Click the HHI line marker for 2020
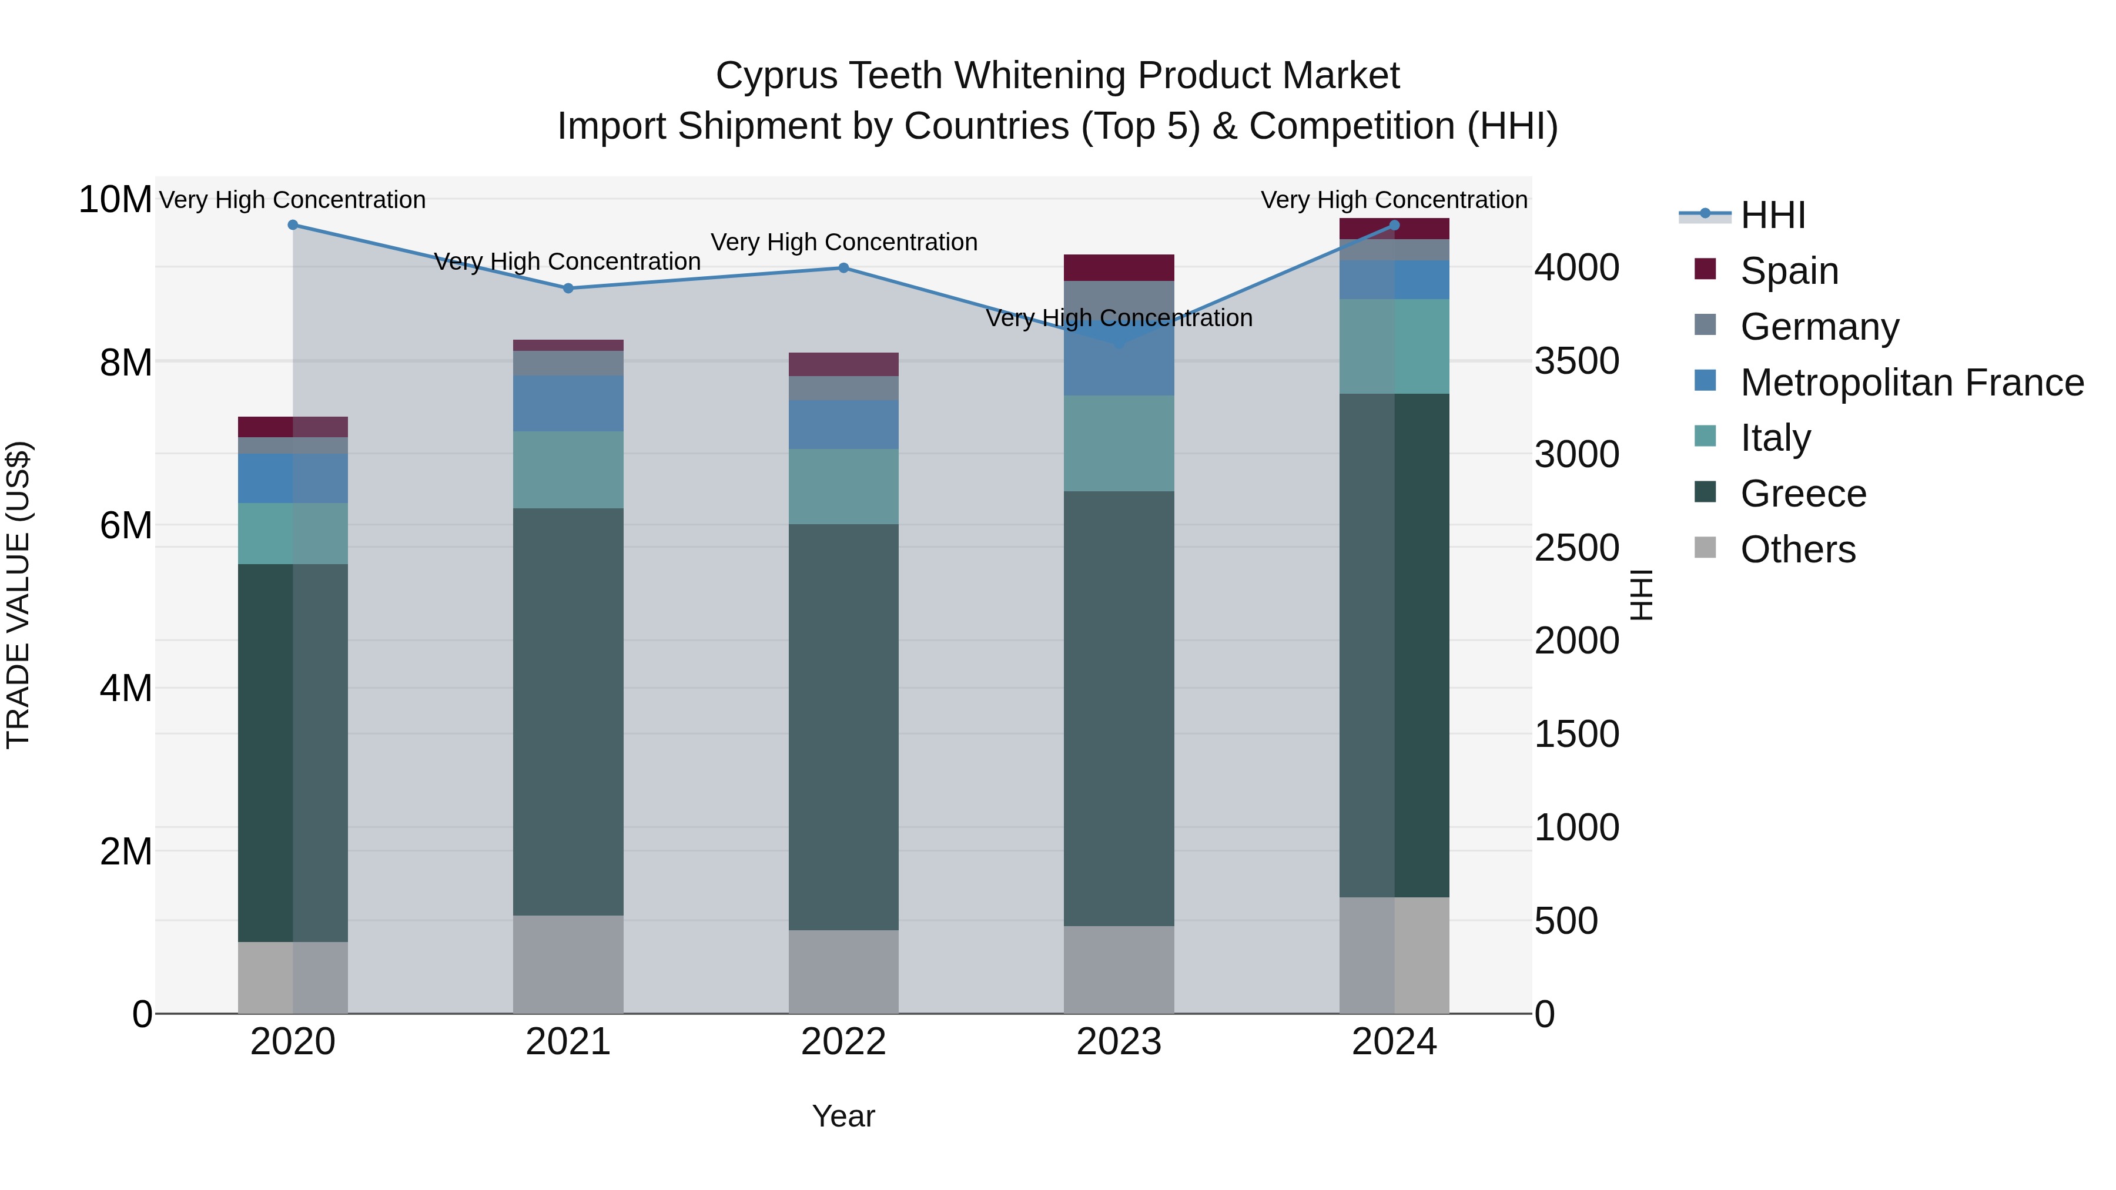(x=293, y=225)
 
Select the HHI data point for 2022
(x=843, y=268)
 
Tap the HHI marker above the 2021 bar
(x=568, y=289)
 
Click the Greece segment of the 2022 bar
(x=843, y=727)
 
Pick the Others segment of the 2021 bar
(x=568, y=964)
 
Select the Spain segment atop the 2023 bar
(x=1118, y=268)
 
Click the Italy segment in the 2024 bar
(x=1394, y=347)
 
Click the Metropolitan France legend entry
(x=1911, y=383)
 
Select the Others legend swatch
(x=1705, y=548)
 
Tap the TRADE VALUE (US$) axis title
(x=18, y=595)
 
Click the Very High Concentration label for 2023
(x=1118, y=318)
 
